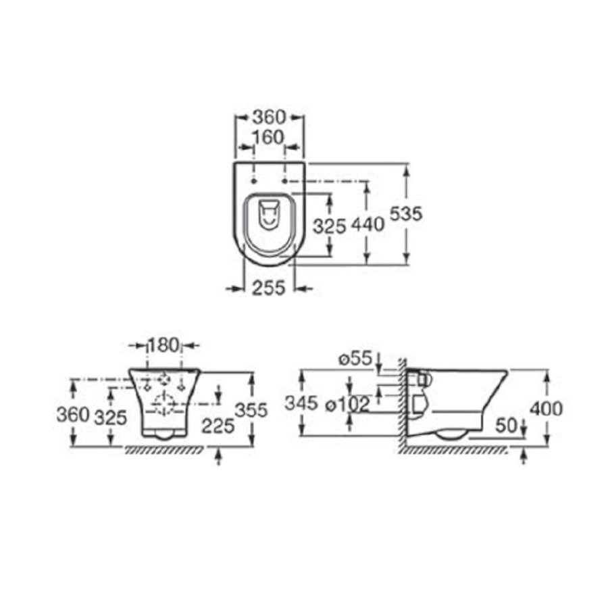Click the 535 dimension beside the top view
pyautogui.click(x=405, y=213)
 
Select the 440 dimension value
pyautogui.click(x=368, y=224)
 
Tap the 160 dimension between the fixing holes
pyautogui.click(x=268, y=137)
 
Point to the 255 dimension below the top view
pyautogui.click(x=269, y=288)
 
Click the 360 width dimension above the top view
pyautogui.click(x=269, y=116)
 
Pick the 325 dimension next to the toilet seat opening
pyautogui.click(x=329, y=226)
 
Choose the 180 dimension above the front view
pyautogui.click(x=164, y=345)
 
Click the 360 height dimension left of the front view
pyautogui.click(x=73, y=415)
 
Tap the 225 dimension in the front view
pyautogui.click(x=218, y=426)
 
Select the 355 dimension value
pyautogui.click(x=252, y=410)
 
